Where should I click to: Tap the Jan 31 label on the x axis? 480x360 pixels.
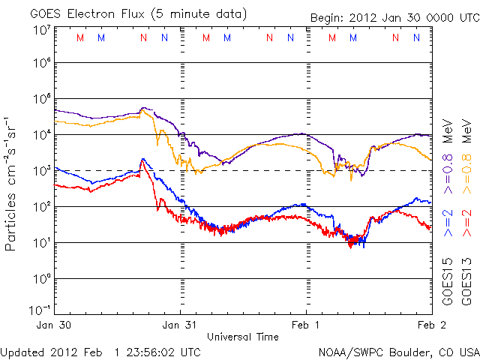click(180, 325)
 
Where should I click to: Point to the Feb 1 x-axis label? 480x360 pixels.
click(305, 325)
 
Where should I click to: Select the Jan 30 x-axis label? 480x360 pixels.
click(55, 325)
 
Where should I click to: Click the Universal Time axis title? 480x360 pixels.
click(243, 337)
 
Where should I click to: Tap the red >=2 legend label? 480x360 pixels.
click(465, 223)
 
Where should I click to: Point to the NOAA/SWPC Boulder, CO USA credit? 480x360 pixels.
click(398, 352)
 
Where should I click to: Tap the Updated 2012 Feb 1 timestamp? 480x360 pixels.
click(101, 352)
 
